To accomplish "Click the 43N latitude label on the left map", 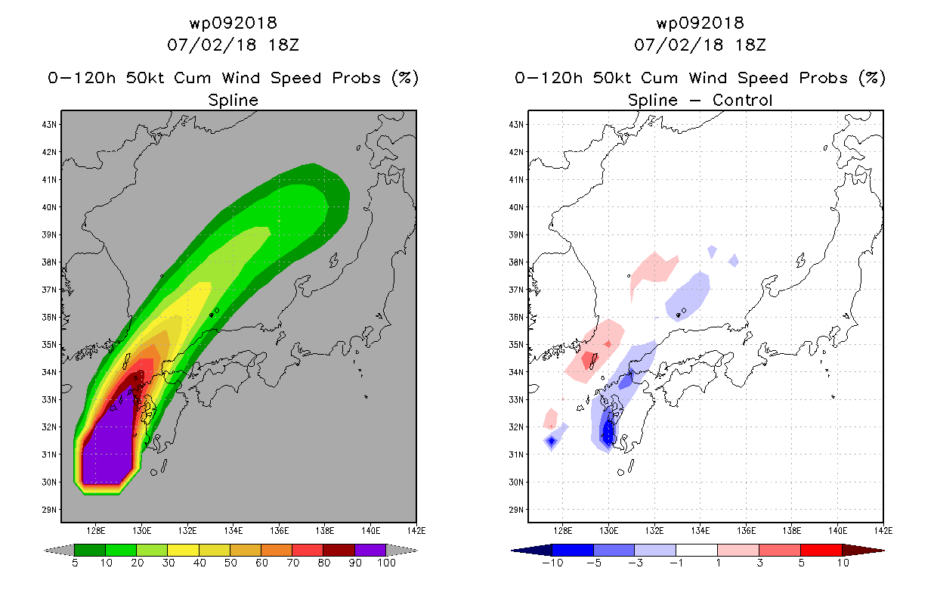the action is (x=49, y=124).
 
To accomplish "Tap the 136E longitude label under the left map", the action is (x=279, y=531).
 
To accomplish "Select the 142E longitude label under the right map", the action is (x=883, y=531).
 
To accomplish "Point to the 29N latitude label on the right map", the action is (x=516, y=510).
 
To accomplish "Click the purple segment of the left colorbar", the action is (x=370, y=550).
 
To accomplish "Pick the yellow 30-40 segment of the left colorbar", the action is (x=184, y=550).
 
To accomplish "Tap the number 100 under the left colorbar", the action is (x=386, y=563).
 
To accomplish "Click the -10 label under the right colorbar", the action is (x=552, y=563).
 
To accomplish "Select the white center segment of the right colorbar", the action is (x=697, y=550).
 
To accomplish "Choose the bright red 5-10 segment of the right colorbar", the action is (x=821, y=550).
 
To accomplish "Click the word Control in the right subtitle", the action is (x=742, y=100).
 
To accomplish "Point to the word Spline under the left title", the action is (x=233, y=101).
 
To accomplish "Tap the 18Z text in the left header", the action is (x=283, y=45).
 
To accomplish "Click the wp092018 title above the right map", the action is (x=700, y=23).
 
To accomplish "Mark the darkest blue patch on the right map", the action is (x=608, y=433).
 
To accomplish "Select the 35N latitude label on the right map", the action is (x=516, y=345).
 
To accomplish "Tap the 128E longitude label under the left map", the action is (x=95, y=531).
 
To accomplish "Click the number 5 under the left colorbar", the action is (x=75, y=563).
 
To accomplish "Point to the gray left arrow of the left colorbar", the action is (x=59, y=550).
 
